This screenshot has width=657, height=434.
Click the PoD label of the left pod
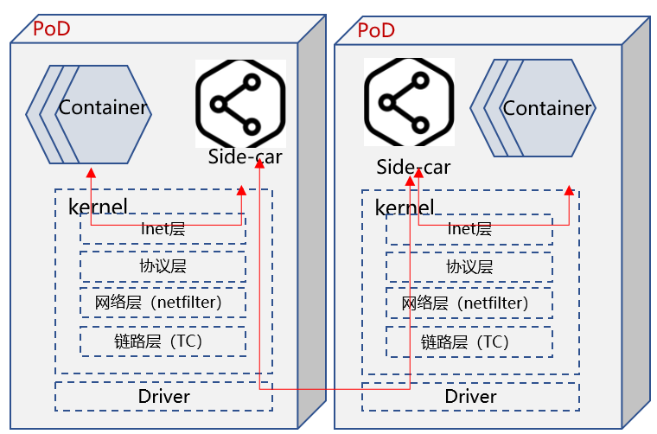click(x=51, y=29)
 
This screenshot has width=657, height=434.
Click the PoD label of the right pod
click(x=376, y=30)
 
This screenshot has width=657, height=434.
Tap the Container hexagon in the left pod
click(x=103, y=109)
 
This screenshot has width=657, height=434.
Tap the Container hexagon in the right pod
click(x=546, y=109)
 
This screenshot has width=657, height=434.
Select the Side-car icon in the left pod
click(x=239, y=103)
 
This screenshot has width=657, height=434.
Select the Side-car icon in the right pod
click(x=409, y=102)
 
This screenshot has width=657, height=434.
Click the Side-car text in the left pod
click(x=245, y=157)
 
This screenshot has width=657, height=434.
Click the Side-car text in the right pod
click(x=413, y=168)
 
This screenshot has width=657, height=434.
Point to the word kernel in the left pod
click(x=98, y=207)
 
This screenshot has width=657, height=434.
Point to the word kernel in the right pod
click(x=405, y=207)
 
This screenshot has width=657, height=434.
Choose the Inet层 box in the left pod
click(x=163, y=229)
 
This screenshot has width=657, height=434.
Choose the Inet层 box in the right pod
click(x=469, y=229)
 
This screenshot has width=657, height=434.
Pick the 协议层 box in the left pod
click(x=163, y=266)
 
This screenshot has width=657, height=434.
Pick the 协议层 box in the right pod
click(x=469, y=266)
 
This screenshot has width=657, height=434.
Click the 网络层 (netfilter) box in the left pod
click(x=163, y=303)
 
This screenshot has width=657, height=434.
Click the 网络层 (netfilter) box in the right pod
click(x=469, y=303)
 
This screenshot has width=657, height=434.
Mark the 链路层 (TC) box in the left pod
click(x=163, y=341)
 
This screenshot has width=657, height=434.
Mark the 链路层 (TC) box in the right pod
click(x=469, y=341)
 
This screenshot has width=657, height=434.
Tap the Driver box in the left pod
click(x=163, y=396)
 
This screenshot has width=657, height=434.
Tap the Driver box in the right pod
click(x=470, y=396)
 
